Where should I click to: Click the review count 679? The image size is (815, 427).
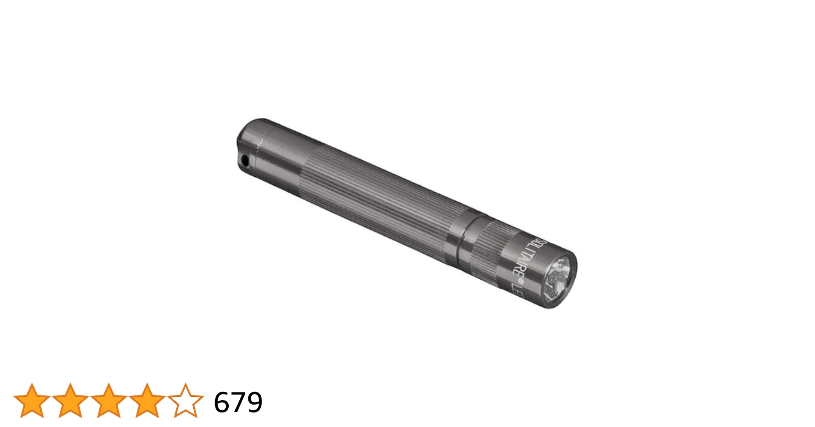pos(238,402)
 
